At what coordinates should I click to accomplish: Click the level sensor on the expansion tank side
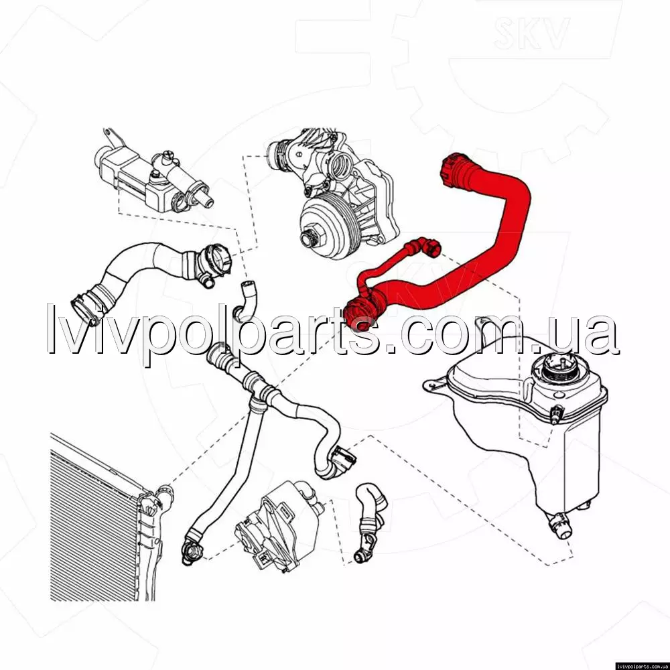point(556,413)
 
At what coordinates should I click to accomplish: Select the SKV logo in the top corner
point(531,32)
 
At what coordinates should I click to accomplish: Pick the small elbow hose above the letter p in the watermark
point(247,299)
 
